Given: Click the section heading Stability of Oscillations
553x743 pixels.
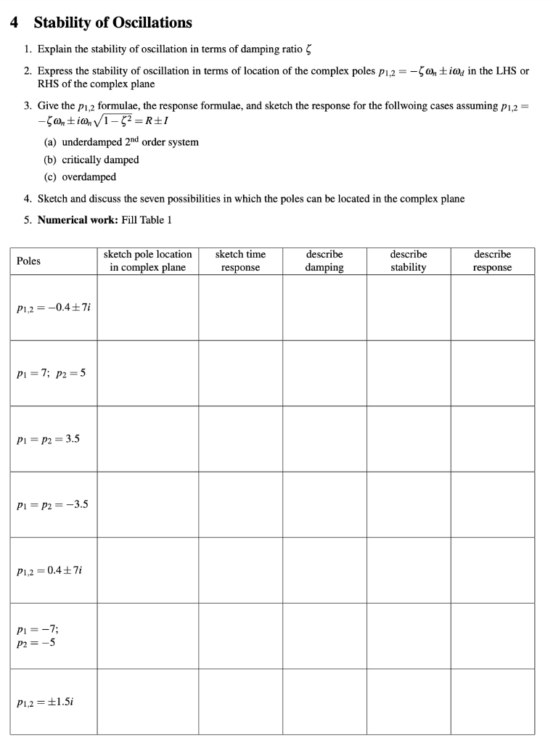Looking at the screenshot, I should [x=112, y=22].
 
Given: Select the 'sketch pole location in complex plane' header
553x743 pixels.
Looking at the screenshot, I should [x=148, y=261].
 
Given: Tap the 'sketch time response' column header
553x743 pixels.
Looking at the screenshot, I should [x=240, y=261].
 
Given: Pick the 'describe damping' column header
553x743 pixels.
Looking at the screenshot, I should [x=324, y=261].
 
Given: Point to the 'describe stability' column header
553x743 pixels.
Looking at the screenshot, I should [x=408, y=261].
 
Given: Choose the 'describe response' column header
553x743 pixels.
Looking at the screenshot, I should [x=492, y=261].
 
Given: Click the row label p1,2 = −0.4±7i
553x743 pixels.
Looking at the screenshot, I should [x=53, y=308].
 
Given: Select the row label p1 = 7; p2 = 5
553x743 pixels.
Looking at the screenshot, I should [x=52, y=373].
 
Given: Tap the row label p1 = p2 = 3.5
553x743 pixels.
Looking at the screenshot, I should [x=48, y=438].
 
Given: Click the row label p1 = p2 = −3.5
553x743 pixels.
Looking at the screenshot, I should [x=52, y=504].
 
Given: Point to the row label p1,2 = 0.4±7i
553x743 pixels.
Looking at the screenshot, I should [x=50, y=570].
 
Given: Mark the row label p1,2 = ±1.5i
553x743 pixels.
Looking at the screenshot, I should [x=45, y=702].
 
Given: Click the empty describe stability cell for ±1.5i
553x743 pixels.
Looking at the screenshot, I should [x=408, y=702].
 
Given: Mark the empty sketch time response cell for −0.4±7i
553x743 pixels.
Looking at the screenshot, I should [x=240, y=308].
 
